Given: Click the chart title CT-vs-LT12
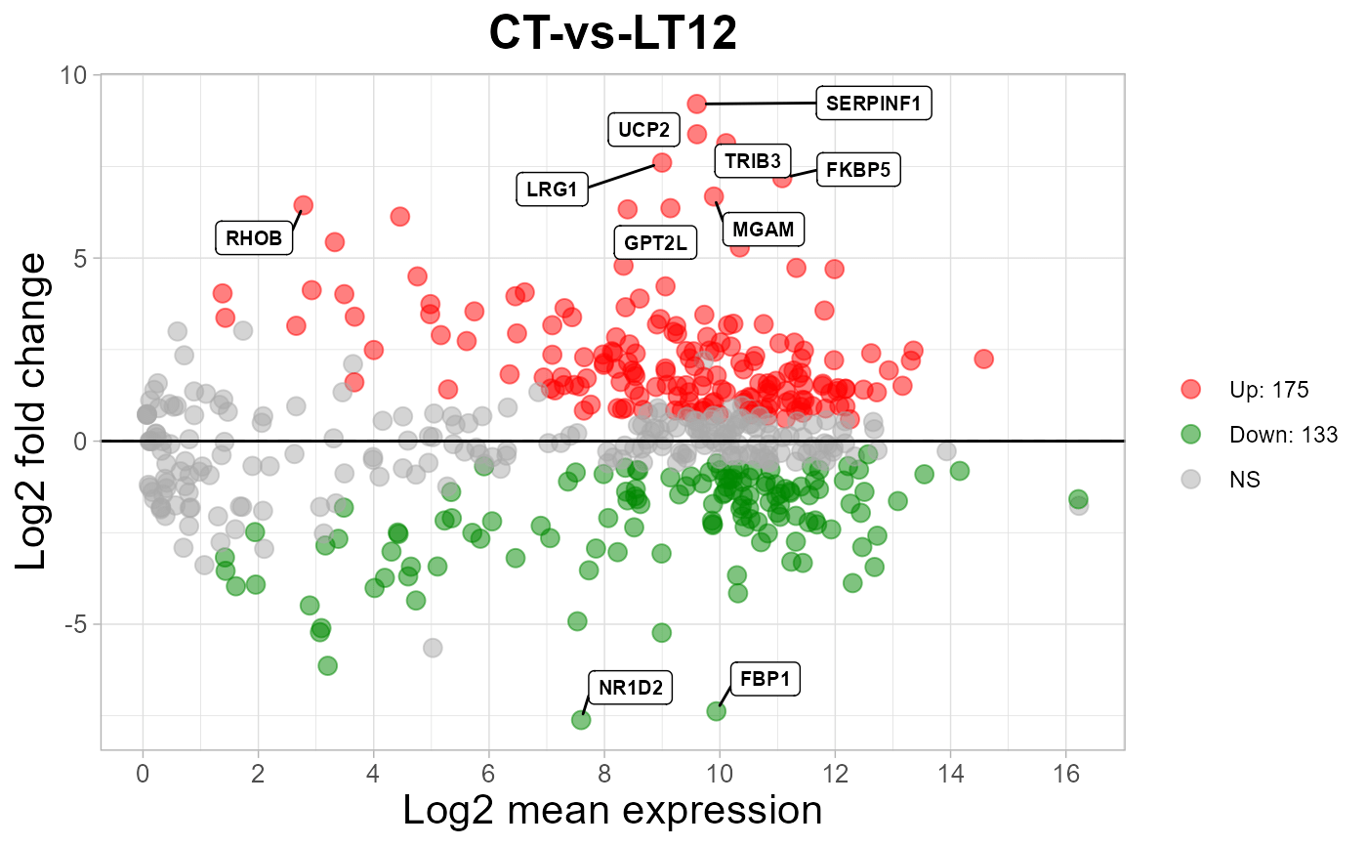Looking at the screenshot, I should pos(612,33).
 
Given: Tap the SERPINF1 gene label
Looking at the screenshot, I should pos(874,104).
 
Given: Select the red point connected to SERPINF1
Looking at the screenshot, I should pos(696,104).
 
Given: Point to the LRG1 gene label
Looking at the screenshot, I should pos(553,190).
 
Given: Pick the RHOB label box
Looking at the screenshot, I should pos(254,237).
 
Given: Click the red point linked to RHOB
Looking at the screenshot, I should pos(303,205).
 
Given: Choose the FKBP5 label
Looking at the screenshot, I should pos(857,169).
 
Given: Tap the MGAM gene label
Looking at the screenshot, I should pos(764,230).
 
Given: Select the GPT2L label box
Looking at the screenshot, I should pos(655,242).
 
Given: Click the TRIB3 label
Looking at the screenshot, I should pos(752,161).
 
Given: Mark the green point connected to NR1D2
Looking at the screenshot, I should pos(581,720).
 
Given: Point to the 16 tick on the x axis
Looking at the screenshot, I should pos(1066,775).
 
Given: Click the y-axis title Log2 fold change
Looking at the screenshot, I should pos(32,412).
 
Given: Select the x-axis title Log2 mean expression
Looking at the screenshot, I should pos(612,811).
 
